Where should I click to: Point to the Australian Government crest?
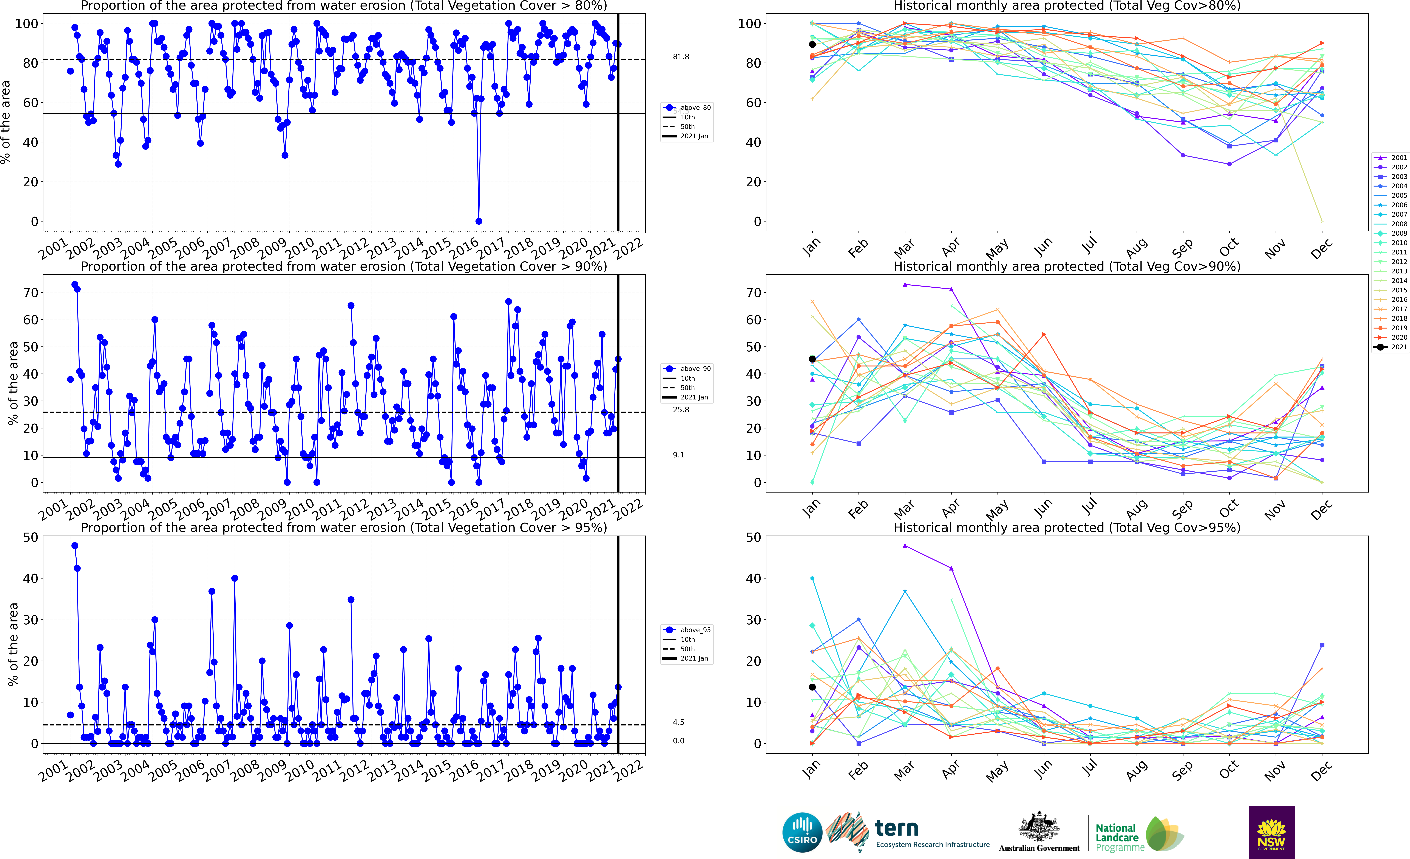1039,828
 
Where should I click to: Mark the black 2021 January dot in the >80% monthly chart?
812,44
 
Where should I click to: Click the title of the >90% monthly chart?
1067,266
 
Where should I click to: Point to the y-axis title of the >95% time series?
13,644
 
